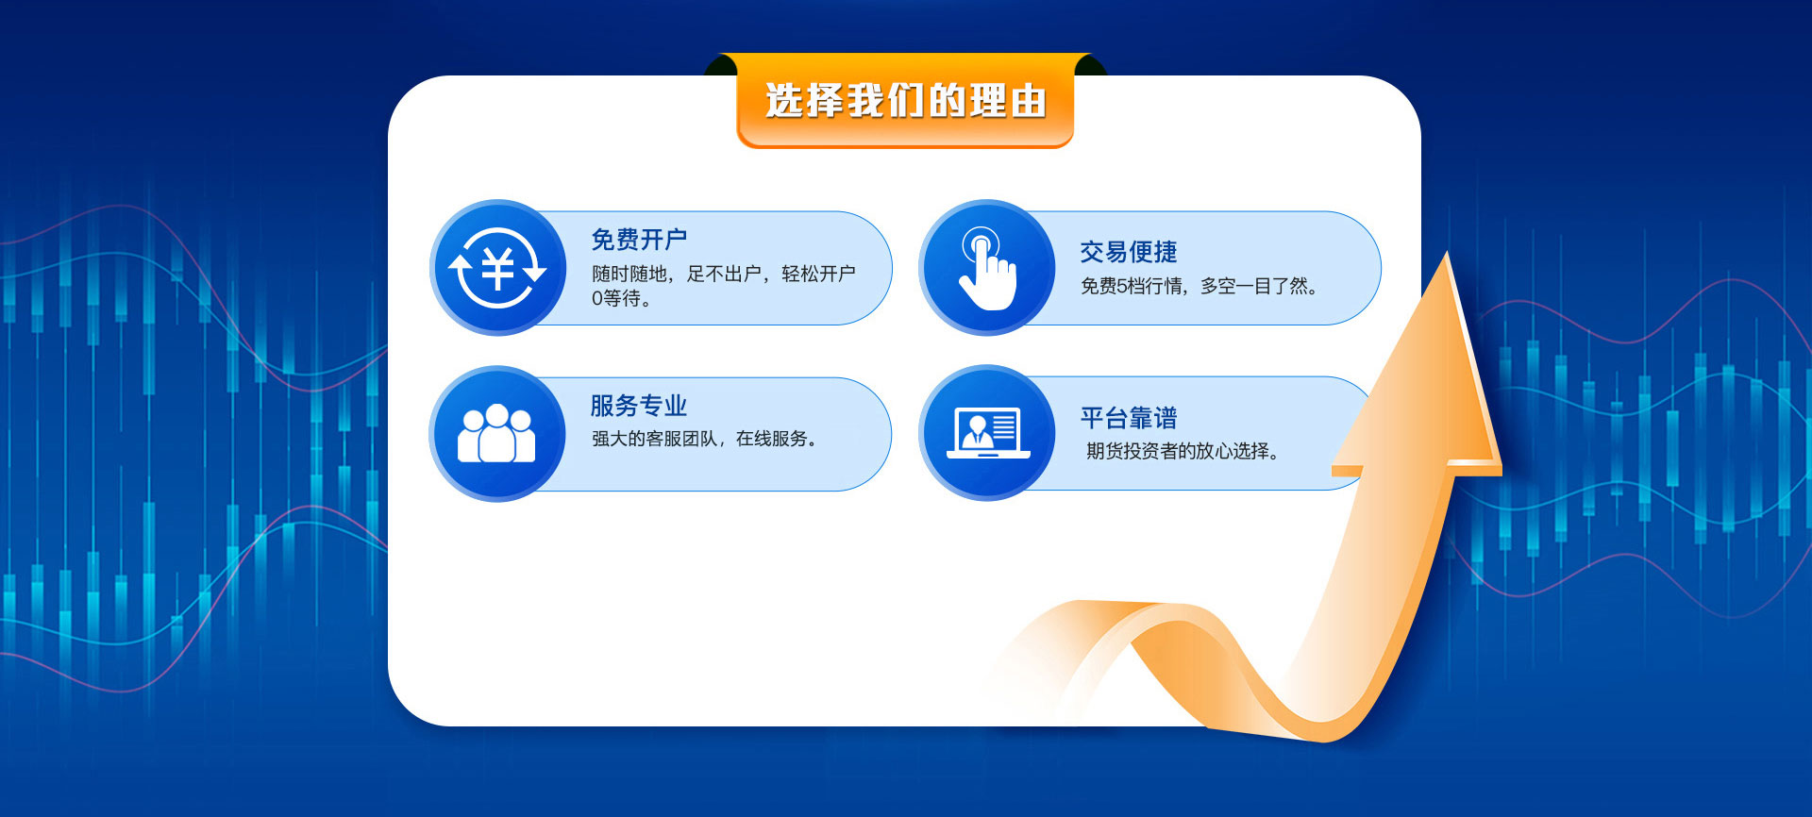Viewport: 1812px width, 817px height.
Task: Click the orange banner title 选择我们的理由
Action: click(x=905, y=100)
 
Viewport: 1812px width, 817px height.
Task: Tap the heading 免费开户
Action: click(x=639, y=240)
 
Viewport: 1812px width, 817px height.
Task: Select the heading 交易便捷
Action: click(x=1129, y=252)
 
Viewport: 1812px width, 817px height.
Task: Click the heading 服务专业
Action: click(x=639, y=406)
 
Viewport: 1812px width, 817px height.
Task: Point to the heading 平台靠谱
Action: click(x=1129, y=418)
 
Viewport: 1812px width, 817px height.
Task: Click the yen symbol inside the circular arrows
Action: click(x=497, y=269)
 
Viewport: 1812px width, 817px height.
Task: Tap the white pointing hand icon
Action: click(x=986, y=270)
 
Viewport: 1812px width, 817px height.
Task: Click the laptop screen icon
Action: click(x=988, y=433)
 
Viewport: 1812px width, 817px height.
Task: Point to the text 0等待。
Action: click(x=621, y=299)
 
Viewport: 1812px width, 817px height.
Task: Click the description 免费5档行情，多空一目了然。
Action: click(x=1200, y=286)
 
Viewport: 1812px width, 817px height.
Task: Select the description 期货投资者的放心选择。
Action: click(x=1183, y=451)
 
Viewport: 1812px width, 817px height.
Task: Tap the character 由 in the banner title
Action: click(x=1029, y=101)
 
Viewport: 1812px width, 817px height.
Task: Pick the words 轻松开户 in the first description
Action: click(x=818, y=274)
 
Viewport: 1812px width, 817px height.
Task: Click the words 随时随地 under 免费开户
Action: click(x=629, y=274)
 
